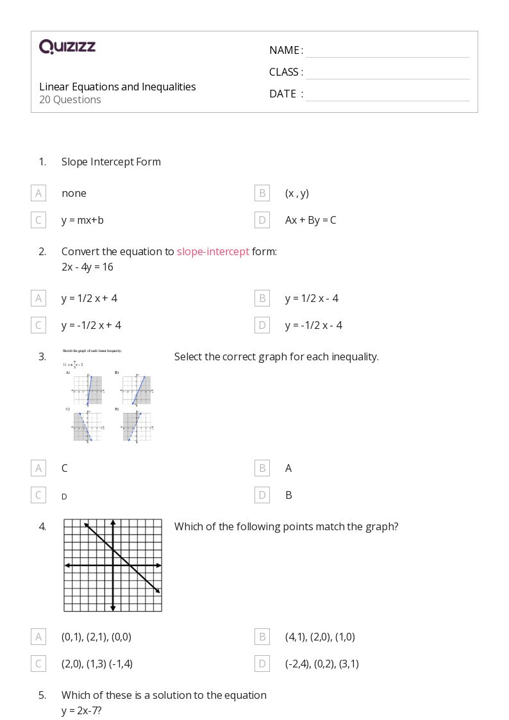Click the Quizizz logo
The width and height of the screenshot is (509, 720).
pos(67,47)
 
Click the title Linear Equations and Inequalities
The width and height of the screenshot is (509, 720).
pos(117,87)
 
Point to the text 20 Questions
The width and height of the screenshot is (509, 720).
pos(70,100)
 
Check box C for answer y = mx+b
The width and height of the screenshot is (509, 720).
pos(38,220)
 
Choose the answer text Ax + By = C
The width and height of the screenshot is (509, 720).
pos(310,220)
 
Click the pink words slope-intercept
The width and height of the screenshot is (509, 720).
pos(213,251)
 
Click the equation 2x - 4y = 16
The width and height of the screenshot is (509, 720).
pos(87,267)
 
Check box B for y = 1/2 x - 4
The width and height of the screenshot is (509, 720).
pos(262,298)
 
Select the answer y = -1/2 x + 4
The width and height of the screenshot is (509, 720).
pos(91,325)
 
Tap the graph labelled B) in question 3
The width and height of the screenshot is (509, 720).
pos(137,390)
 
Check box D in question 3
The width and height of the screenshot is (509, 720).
pos(262,495)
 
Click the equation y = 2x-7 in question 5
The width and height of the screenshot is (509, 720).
pos(81,710)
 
